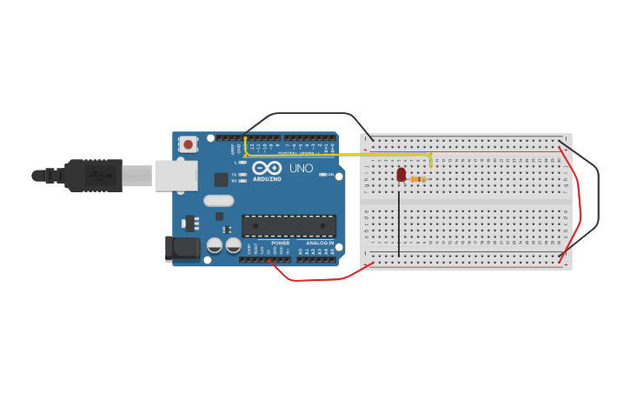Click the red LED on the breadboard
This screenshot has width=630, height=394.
(401, 175)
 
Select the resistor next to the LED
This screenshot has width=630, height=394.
(418, 180)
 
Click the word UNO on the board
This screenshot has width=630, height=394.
(301, 168)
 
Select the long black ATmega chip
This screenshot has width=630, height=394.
(288, 226)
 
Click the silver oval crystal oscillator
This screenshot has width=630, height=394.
(219, 200)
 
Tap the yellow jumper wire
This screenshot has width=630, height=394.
(348, 155)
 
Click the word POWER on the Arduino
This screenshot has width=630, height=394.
(281, 243)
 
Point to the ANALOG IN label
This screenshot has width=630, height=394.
(319, 243)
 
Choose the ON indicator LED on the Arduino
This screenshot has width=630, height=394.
(323, 175)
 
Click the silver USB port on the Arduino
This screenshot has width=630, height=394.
(176, 175)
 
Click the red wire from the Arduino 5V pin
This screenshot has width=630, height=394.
(322, 279)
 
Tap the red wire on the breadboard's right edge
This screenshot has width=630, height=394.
(577, 209)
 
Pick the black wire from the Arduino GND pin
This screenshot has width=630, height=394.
(304, 115)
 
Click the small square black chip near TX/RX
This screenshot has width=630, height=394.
(222, 179)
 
